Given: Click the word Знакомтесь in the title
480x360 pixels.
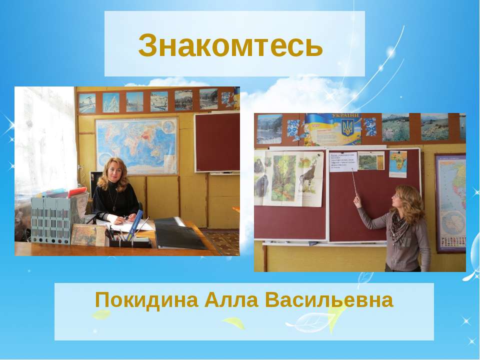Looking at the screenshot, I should click(230, 45).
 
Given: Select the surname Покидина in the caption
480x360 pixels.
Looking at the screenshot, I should click(143, 300).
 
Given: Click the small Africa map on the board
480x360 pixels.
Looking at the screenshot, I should click(398, 163).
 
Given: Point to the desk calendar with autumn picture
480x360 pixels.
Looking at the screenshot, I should click(88, 234).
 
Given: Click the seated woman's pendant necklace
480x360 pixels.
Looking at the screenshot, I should click(115, 206).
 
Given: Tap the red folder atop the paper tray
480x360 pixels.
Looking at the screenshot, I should click(77, 192).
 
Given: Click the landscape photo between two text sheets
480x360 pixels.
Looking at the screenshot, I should click(370, 160).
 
